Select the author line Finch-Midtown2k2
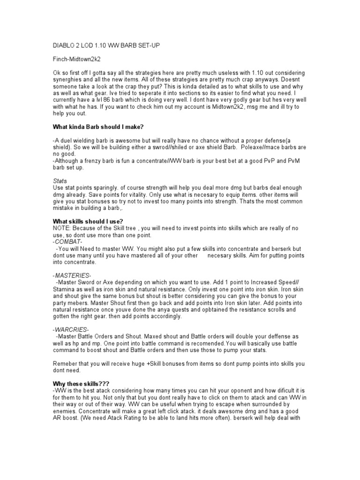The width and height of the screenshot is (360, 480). point(76,60)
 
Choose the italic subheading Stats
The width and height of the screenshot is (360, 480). point(60,181)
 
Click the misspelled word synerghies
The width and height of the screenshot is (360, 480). point(68,80)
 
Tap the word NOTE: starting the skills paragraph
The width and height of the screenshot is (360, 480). point(61,228)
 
